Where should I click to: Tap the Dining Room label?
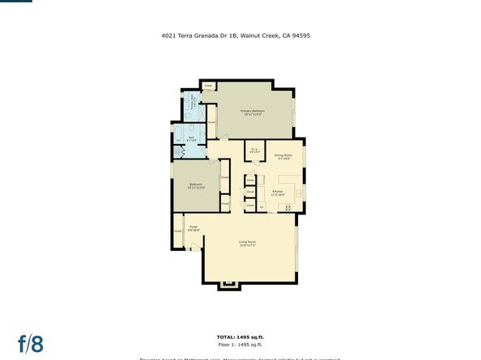(283, 156)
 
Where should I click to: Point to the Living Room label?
(247, 244)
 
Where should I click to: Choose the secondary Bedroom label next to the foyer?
(195, 186)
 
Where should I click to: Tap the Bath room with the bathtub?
(193, 140)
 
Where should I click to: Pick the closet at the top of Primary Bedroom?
(208, 85)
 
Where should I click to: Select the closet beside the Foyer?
(177, 231)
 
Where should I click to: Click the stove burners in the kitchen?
(287, 208)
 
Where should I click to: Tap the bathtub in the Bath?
(178, 134)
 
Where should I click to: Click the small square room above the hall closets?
(254, 150)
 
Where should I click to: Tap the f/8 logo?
(31, 343)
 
